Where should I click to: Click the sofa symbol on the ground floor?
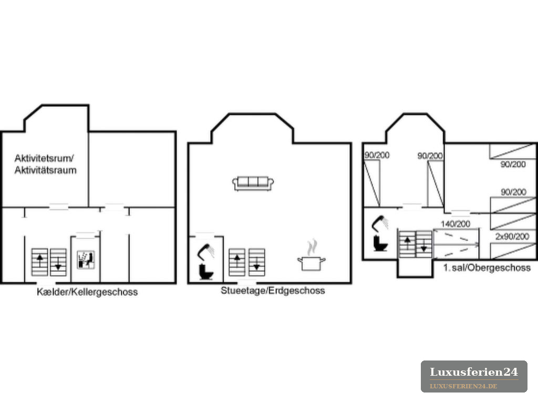click(x=253, y=183)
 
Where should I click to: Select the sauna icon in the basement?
click(x=86, y=260)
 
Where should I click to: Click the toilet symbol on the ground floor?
click(x=206, y=272)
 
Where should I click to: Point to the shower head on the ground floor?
click(x=205, y=251)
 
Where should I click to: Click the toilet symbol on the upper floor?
click(x=380, y=243)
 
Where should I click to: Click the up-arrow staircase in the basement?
click(x=40, y=262)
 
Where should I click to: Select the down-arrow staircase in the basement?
click(x=58, y=262)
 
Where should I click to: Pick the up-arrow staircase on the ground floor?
click(x=237, y=262)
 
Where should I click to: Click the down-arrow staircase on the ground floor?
click(x=256, y=262)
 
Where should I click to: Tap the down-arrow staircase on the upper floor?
click(x=424, y=244)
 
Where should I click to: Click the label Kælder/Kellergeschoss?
click(x=87, y=292)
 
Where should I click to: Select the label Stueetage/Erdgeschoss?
click(x=273, y=291)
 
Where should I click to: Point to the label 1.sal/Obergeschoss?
click(x=487, y=268)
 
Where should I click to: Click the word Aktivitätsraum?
click(x=45, y=171)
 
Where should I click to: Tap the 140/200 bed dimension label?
click(x=456, y=224)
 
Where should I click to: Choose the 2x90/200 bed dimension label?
click(x=512, y=237)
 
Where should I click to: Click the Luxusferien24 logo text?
click(x=474, y=372)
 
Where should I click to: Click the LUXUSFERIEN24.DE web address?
click(x=463, y=386)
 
